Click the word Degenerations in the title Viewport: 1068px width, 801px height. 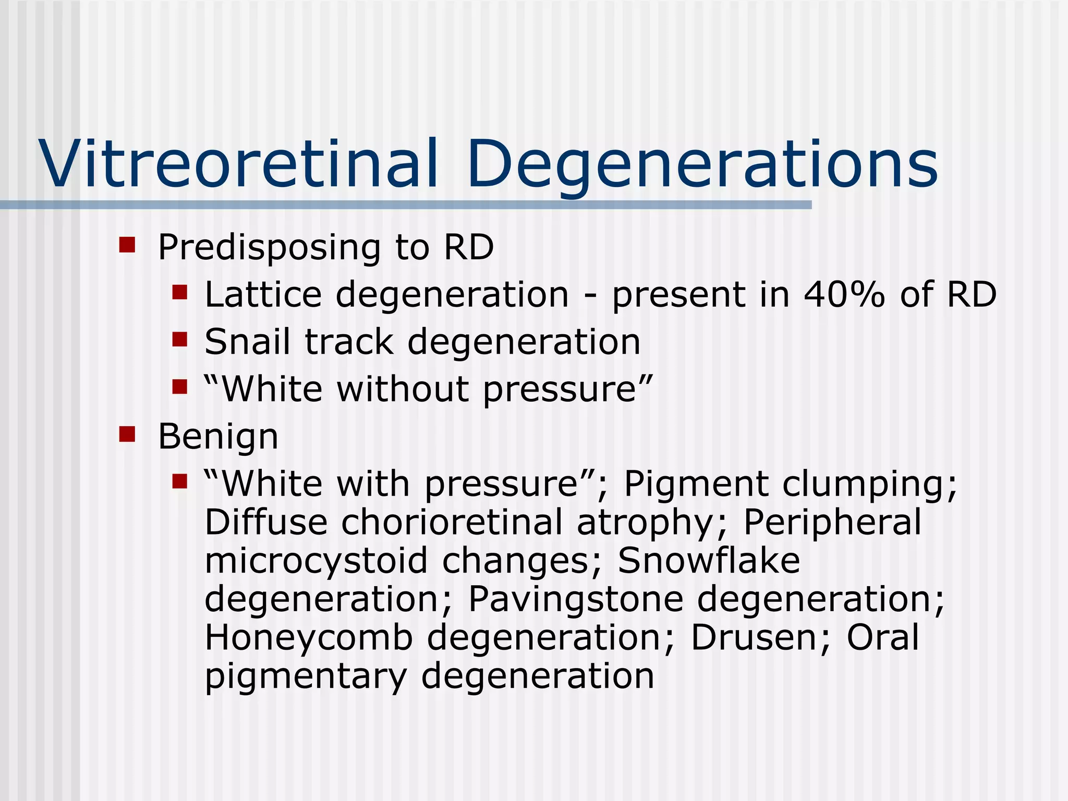[x=702, y=164]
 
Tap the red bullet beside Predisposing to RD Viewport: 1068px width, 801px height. [x=127, y=245]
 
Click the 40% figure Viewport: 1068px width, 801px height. [x=844, y=295]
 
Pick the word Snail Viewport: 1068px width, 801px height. [x=247, y=342]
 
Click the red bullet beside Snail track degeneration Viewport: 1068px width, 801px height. [x=179, y=340]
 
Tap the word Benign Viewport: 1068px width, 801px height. [x=218, y=437]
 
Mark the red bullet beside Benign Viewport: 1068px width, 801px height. [x=127, y=434]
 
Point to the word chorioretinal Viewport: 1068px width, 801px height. [x=452, y=523]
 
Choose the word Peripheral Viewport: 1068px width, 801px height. [x=832, y=523]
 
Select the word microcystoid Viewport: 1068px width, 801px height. [x=316, y=561]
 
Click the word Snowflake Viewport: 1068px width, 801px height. [x=709, y=561]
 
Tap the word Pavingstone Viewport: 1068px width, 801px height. [x=576, y=599]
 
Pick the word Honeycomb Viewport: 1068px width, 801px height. [x=309, y=638]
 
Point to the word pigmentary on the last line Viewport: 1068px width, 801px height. [x=305, y=676]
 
